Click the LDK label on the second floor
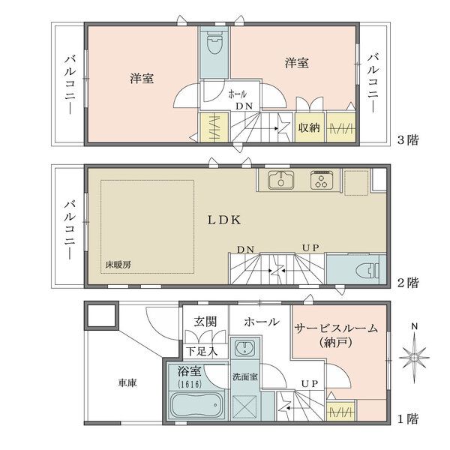point(224,220)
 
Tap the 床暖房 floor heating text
point(118,265)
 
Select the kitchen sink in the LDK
point(280,180)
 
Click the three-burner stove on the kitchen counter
point(322,180)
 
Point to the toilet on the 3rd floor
point(214,43)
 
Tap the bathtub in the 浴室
point(196,405)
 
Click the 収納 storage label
point(309,127)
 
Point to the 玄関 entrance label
point(205,322)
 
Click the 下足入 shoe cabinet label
point(202,352)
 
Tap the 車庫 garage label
point(127,382)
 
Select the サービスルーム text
point(336,328)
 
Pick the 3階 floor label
point(408,140)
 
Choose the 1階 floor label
point(408,419)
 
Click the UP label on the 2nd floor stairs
point(310,247)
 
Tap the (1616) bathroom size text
point(190,384)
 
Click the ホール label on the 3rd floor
point(237,94)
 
